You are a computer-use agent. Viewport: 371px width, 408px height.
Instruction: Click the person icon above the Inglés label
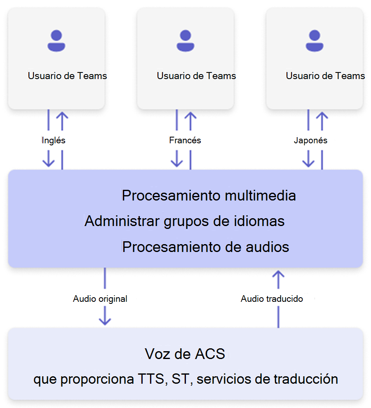click(x=56, y=41)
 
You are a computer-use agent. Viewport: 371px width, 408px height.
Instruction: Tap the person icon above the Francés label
click(x=185, y=41)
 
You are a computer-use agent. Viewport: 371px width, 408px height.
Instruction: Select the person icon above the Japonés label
click(x=315, y=41)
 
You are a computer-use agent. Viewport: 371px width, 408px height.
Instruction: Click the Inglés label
click(x=54, y=140)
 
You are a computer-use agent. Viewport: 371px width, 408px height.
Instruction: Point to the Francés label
click(x=185, y=140)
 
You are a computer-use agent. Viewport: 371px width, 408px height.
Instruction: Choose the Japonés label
click(x=310, y=140)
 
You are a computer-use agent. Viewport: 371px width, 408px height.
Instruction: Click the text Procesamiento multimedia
click(x=209, y=195)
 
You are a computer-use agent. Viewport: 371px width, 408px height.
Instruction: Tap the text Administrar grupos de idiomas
click(x=184, y=221)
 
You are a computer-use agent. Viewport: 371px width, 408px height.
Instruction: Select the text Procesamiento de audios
click(x=206, y=247)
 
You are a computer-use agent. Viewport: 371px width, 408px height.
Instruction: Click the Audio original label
click(x=100, y=299)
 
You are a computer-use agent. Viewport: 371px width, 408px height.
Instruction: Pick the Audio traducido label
click(x=272, y=299)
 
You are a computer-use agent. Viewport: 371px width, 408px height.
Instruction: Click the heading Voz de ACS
click(x=185, y=354)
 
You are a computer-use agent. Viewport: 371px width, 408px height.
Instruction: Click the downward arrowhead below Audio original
click(x=105, y=320)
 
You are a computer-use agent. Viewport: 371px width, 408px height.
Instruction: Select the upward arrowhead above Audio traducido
click(x=279, y=275)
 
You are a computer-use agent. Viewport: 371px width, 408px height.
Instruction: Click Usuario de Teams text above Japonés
click(x=325, y=76)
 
